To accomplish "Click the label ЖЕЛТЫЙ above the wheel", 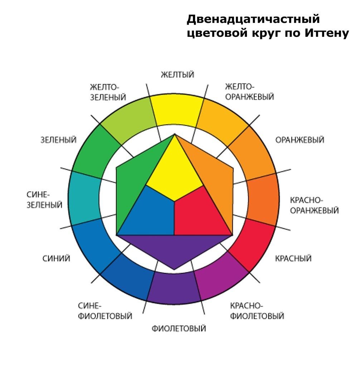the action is coord(177,75).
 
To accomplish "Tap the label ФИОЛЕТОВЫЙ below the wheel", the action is coord(179,328).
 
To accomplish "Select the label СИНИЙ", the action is coord(56,258).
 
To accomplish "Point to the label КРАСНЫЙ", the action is coord(293,258).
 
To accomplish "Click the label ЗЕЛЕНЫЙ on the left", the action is coord(58,140).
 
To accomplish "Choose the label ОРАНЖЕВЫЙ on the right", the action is coord(300,140).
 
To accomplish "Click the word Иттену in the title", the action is coord(327,33).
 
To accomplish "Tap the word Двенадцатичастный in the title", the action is coord(253,19).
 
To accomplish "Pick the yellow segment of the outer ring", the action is coord(176,110).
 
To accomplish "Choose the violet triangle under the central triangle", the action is coord(174,247).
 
